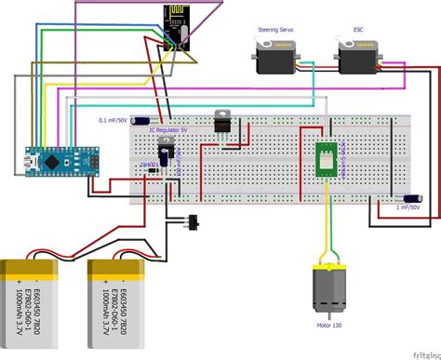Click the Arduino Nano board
[x=47, y=157]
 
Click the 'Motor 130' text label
[x=327, y=326]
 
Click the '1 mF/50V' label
[x=409, y=208]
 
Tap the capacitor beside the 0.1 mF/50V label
[x=141, y=119]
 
